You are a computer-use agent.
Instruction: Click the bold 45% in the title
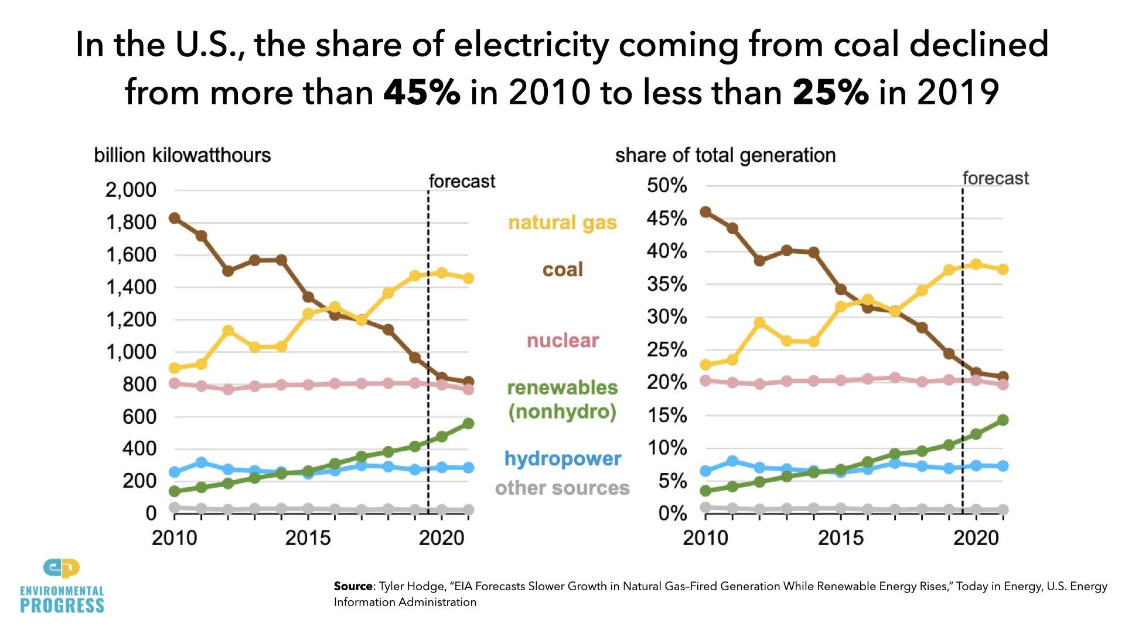click(421, 93)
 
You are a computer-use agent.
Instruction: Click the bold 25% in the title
click(830, 93)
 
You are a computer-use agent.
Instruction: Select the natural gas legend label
click(562, 223)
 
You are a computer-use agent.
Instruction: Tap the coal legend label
click(562, 270)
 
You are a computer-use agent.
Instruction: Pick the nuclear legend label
click(562, 341)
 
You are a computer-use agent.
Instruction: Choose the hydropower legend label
click(562, 458)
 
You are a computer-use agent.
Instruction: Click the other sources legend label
click(562, 488)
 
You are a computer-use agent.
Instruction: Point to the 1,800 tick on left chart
click(131, 222)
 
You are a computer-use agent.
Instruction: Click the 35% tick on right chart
click(667, 284)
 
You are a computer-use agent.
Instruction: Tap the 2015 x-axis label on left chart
click(308, 537)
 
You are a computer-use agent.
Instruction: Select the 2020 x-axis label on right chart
click(976, 537)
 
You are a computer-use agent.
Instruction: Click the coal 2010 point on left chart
click(174, 218)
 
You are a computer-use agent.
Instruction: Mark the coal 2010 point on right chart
click(705, 212)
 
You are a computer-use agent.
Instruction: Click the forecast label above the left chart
click(462, 181)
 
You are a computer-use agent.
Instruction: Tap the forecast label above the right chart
click(996, 178)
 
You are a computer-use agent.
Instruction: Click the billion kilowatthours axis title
click(182, 155)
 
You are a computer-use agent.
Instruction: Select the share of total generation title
click(725, 155)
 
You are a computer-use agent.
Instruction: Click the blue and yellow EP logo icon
click(62, 568)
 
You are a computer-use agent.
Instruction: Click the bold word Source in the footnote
click(353, 586)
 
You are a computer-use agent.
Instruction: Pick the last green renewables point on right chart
click(1003, 420)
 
